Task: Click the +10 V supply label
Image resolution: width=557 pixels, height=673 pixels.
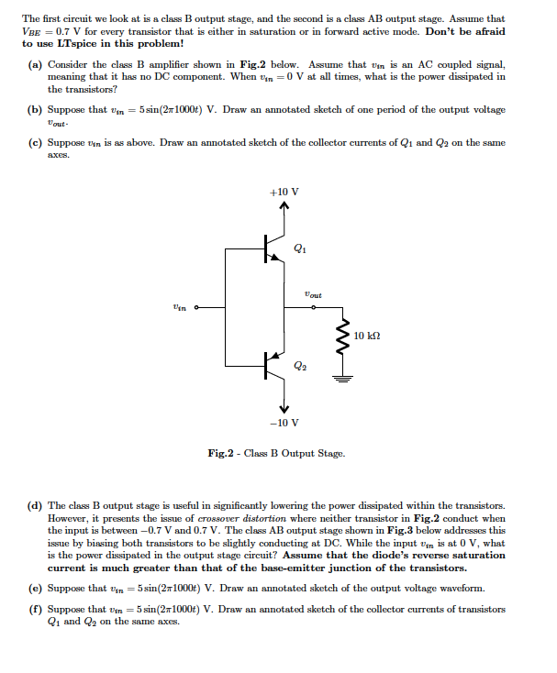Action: (x=283, y=192)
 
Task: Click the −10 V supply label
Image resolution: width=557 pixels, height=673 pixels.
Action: (x=283, y=423)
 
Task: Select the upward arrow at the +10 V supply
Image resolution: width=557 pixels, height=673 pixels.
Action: (x=283, y=207)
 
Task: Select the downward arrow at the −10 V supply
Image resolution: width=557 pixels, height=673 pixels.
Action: (x=283, y=407)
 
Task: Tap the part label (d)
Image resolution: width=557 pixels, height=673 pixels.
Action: (x=36, y=505)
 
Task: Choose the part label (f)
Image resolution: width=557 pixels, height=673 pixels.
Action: (x=36, y=608)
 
